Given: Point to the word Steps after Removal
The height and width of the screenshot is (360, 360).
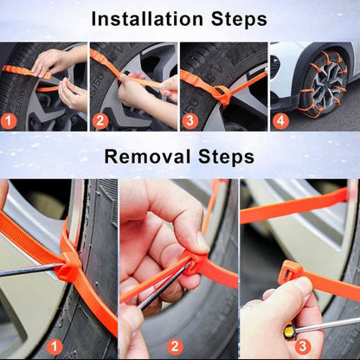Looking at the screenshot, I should coord(224,157).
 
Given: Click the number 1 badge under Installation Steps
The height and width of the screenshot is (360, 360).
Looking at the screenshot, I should coord(10,120).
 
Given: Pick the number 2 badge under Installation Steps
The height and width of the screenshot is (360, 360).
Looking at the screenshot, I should coord(100,120).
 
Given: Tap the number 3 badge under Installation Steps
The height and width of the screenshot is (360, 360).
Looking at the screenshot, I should coord(189,120).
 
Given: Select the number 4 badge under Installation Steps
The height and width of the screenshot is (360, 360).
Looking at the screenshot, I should coord(280,120).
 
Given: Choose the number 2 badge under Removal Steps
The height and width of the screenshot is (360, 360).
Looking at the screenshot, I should coord(176,347).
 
